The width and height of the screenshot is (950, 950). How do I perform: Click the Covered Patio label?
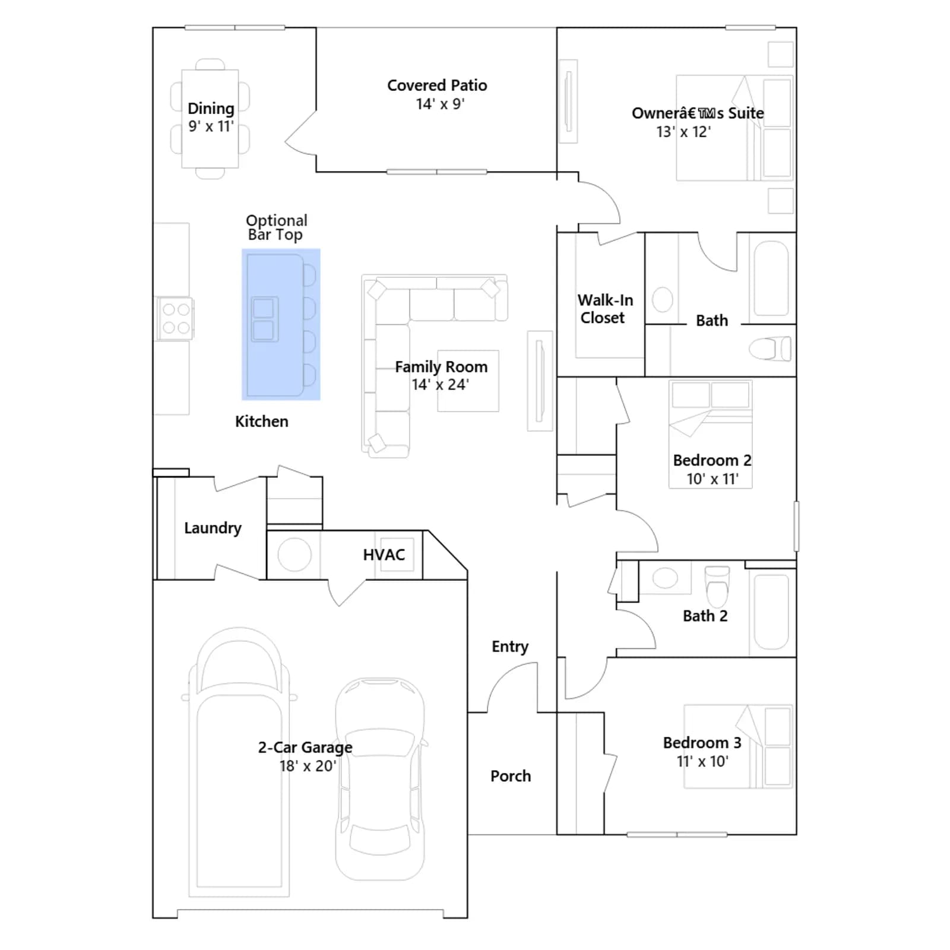coord(437,85)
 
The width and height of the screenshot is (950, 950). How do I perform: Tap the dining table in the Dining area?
coord(210,119)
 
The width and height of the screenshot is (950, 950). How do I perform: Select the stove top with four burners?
coord(176,319)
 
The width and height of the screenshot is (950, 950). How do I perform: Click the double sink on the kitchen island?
coord(264,319)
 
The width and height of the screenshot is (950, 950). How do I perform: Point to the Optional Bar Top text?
coord(277,227)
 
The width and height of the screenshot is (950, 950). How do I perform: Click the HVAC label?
coord(384,555)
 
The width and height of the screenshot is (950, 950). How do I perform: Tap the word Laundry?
coord(213,528)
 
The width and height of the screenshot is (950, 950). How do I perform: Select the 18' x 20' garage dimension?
coord(308,766)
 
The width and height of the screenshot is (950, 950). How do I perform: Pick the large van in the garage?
coord(239,763)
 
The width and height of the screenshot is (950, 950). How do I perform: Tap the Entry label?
coord(510,647)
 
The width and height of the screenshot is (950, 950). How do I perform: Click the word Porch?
coord(511,776)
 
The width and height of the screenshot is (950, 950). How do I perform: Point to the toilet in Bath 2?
coord(717,585)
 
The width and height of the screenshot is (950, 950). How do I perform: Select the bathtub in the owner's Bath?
coord(771,278)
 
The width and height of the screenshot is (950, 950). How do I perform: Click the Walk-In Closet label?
coord(605,309)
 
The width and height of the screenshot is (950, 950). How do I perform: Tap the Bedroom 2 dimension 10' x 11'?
coord(712,479)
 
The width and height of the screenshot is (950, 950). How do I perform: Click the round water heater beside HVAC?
coord(294,555)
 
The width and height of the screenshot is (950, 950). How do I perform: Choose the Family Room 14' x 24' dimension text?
coord(441,385)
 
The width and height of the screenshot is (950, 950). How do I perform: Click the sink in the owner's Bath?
coord(662,300)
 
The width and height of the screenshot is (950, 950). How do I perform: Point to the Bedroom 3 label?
coord(702,743)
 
